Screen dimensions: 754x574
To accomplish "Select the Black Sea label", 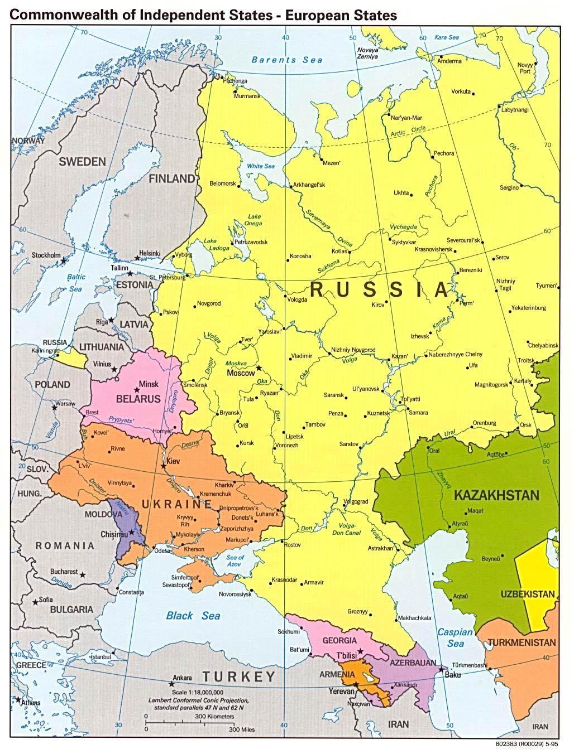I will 193,616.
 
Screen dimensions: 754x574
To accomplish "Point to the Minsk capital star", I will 137,390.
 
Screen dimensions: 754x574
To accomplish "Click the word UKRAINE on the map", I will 176,505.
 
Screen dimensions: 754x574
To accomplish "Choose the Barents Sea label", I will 286,60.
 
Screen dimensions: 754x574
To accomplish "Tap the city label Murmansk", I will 247,96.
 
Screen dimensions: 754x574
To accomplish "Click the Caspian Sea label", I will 455,637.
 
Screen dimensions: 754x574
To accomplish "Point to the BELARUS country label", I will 138,399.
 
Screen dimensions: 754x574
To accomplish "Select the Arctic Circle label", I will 408,131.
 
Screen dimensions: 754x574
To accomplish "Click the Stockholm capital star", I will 64,260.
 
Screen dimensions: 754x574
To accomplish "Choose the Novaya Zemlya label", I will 367,53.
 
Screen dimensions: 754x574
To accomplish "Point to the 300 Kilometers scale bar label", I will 214,716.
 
